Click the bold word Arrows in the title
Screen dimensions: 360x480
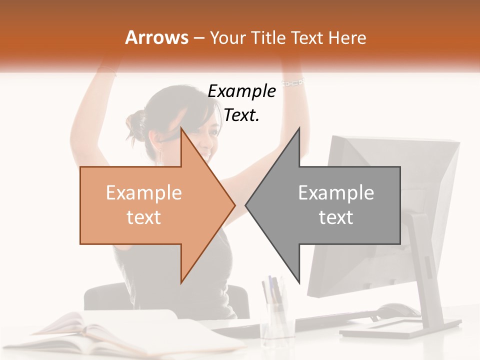pos(156,37)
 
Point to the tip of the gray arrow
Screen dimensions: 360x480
pos(246,205)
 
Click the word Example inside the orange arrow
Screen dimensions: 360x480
pos(144,193)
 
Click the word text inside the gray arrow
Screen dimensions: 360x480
pos(336,217)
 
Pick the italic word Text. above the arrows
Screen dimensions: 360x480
pos(241,115)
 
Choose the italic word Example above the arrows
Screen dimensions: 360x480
pos(241,91)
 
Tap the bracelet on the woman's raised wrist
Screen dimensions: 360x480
pos(293,82)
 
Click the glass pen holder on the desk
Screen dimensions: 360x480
pos(275,320)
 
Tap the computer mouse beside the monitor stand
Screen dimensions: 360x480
pos(399,310)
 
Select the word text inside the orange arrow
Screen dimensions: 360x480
pos(144,217)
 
